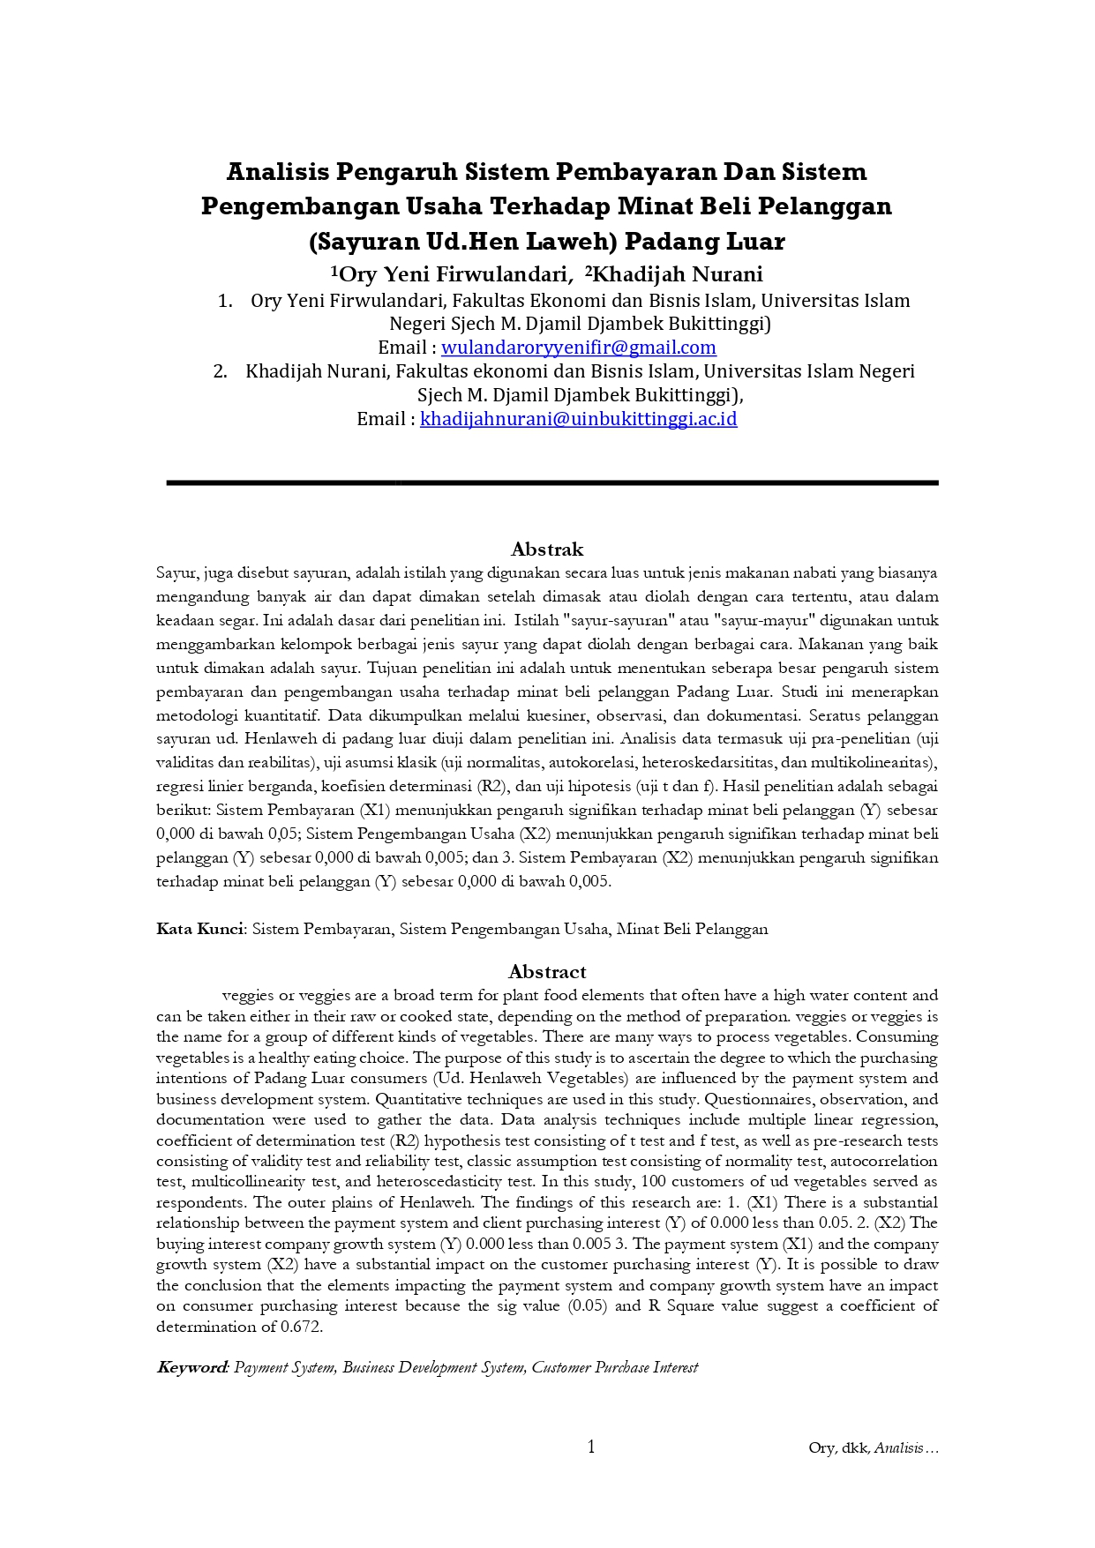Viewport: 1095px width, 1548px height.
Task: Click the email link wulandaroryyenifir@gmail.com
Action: (x=578, y=348)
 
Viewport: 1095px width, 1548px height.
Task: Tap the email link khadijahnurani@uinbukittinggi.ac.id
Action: (x=578, y=419)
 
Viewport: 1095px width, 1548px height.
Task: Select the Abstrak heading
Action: (x=547, y=550)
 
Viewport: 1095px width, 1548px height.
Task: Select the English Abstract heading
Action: (x=547, y=972)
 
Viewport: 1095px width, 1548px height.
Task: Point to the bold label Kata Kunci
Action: (x=200, y=929)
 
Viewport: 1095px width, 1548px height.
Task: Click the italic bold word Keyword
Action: (x=192, y=1367)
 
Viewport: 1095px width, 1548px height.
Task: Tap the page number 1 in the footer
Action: (x=591, y=1447)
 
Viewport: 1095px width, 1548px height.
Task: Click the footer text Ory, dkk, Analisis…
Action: (x=873, y=1447)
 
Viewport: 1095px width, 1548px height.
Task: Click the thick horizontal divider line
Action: (x=552, y=482)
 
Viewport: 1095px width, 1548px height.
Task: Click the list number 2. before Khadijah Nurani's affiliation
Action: (x=220, y=371)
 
